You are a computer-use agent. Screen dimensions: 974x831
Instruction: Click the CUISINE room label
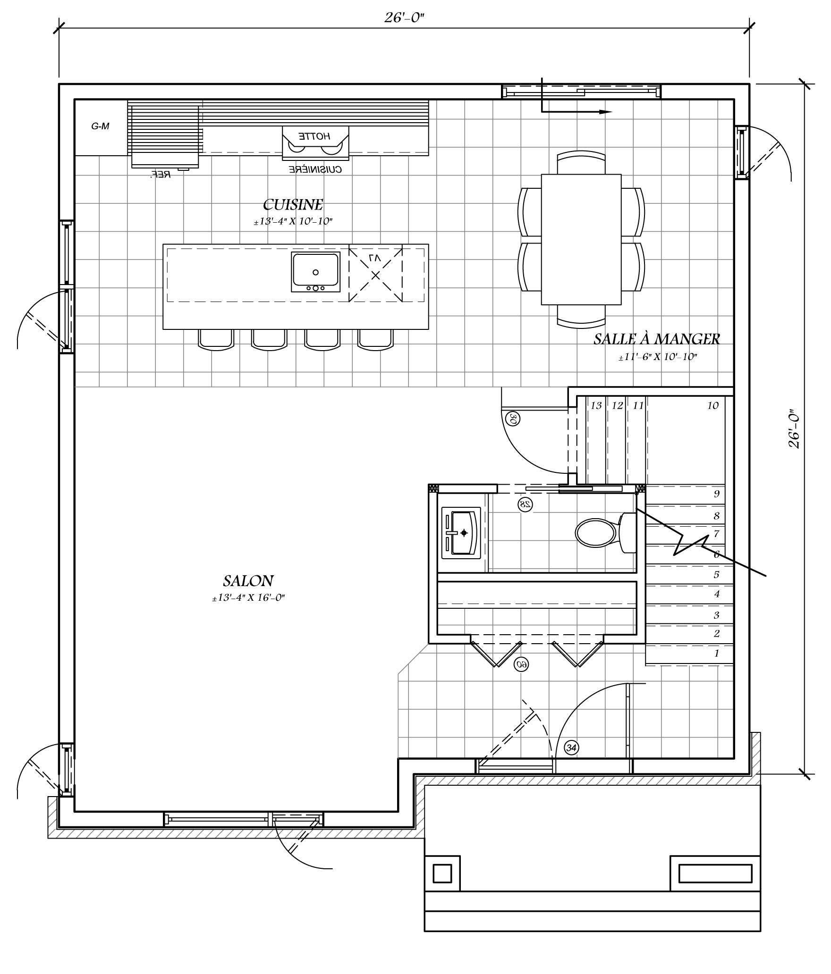click(293, 205)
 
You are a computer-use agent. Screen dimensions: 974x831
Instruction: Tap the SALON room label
click(248, 580)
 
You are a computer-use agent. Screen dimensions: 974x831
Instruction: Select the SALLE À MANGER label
click(656, 339)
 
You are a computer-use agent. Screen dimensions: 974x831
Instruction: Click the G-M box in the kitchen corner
click(100, 126)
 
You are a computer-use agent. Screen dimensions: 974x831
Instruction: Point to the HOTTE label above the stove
click(314, 136)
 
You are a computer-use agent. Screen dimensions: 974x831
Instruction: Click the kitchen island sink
click(315, 272)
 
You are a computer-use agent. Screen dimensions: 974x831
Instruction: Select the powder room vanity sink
click(461, 533)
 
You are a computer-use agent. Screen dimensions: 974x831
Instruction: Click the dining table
click(581, 239)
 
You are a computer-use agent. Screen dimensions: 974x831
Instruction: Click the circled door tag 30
click(513, 419)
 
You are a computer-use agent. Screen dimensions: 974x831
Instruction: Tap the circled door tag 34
click(571, 748)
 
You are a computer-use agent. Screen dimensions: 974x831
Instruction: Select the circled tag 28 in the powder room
click(525, 504)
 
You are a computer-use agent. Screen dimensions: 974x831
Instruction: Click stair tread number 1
click(716, 654)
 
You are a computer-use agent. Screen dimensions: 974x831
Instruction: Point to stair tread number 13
click(596, 405)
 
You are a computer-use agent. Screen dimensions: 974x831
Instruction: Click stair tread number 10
click(712, 405)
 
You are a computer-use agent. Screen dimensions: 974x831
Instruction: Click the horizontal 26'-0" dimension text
click(404, 18)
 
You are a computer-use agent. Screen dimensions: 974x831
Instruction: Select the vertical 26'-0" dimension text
click(794, 428)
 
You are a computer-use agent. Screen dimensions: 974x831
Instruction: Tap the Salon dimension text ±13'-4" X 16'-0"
click(248, 598)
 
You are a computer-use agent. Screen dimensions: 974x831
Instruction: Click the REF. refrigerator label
click(161, 175)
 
